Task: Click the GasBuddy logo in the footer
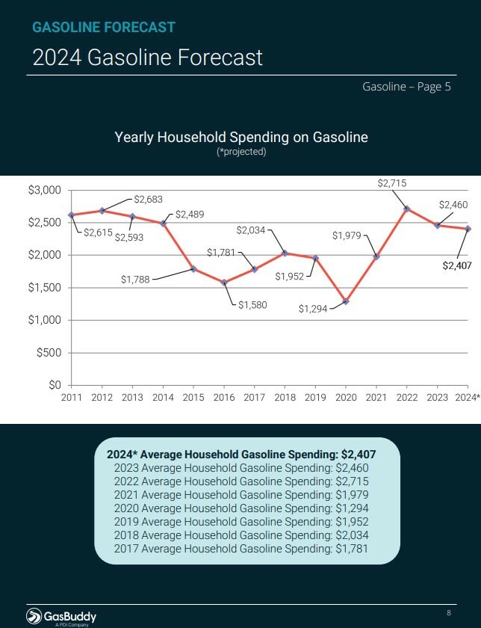61,616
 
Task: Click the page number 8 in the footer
449,613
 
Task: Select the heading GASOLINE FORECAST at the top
104,28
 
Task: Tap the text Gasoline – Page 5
406,87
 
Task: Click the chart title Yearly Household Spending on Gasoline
241,137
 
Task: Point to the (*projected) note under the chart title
241,152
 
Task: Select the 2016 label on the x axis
223,397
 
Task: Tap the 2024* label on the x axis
467,397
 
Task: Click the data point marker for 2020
346,301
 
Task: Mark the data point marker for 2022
406,209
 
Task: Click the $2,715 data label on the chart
392,182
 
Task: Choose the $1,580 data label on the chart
252,305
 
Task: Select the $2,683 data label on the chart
148,199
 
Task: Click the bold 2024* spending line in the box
241,454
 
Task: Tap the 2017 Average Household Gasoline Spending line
241,549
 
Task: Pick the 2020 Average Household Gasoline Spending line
241,508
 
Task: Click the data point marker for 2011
71,215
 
